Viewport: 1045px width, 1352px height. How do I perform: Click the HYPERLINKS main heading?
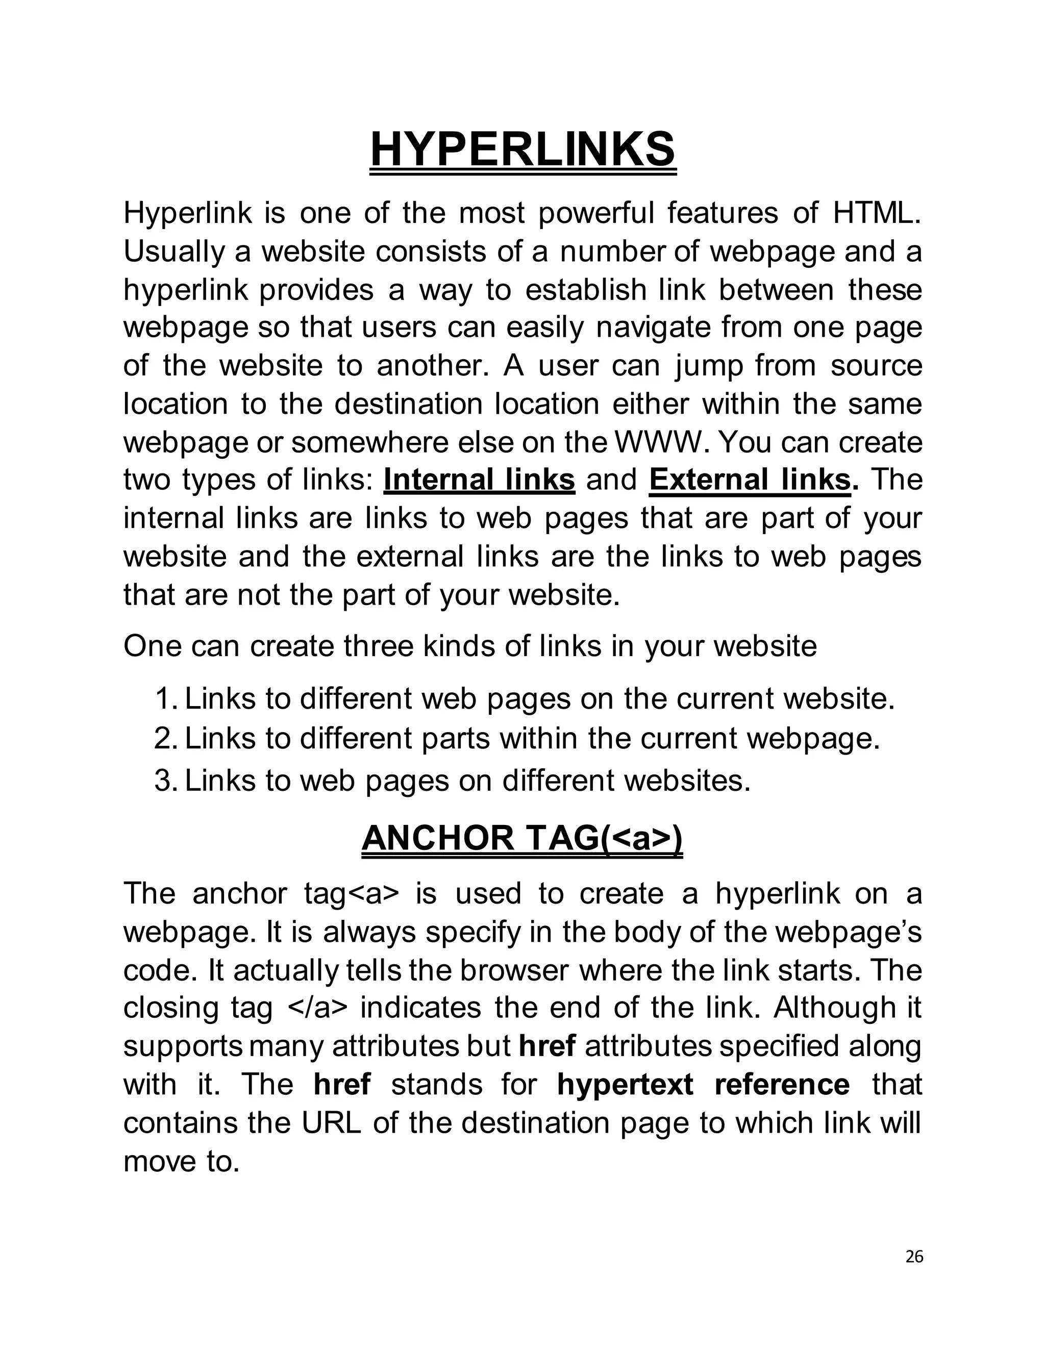pos(522,150)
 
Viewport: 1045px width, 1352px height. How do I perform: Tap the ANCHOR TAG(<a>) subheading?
pos(522,839)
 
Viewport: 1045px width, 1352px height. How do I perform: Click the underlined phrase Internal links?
pos(479,481)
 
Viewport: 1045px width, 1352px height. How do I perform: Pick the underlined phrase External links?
pos(750,481)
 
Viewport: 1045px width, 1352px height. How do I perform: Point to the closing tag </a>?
pos(317,1008)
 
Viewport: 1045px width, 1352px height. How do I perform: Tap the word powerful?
pos(595,213)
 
